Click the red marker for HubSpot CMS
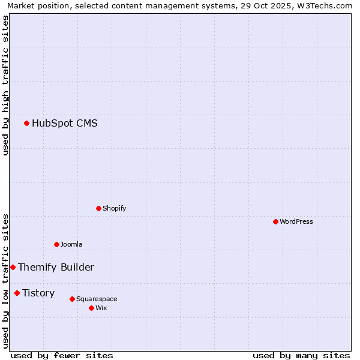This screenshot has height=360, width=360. click(26, 124)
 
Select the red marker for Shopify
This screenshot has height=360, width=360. click(98, 208)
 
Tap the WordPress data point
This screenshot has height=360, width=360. click(275, 221)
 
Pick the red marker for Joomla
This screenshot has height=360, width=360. click(56, 244)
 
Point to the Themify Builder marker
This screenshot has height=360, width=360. click(13, 267)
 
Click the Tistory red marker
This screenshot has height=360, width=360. click(17, 293)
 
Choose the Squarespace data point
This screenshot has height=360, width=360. click(72, 299)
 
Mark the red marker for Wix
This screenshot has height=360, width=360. click(91, 308)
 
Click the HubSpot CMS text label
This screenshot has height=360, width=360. click(64, 124)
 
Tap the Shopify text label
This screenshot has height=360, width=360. click(114, 208)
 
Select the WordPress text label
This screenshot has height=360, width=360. click(296, 221)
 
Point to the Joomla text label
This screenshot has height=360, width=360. click(71, 244)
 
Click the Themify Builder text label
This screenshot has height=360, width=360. click(56, 267)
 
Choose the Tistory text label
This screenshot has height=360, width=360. click(38, 293)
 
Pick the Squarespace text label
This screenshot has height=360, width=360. click(97, 299)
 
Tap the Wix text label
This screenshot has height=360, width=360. click(101, 308)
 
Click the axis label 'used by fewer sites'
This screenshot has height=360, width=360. click(62, 355)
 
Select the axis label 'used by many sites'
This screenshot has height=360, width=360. click(301, 355)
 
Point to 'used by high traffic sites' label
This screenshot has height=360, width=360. click(5, 85)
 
